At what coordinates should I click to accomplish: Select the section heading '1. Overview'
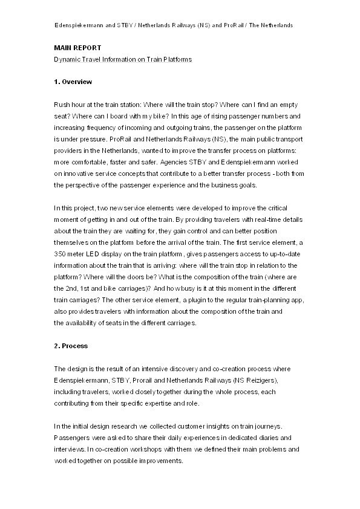point(73,81)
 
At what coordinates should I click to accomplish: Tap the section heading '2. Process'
point(71,346)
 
